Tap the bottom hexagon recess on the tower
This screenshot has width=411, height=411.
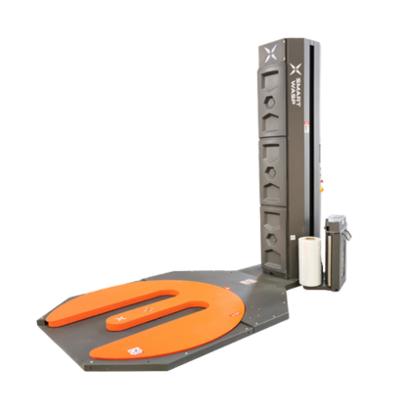click(x=275, y=234)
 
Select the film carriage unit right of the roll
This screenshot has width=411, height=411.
click(x=340, y=255)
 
